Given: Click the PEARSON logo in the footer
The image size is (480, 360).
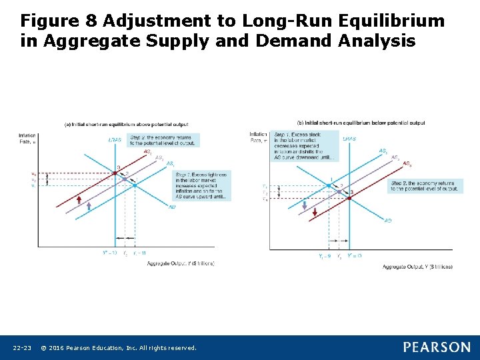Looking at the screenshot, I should pos(437,347).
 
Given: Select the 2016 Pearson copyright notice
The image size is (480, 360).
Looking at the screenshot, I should pos(118,347).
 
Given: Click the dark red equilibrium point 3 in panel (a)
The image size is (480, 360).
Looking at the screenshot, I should pos(115,173).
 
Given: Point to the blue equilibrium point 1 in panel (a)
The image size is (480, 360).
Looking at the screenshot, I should pos(134,185).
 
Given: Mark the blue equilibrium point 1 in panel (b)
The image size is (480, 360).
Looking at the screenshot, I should pos(329,185).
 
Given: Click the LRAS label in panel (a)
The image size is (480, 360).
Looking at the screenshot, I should pos(115,139).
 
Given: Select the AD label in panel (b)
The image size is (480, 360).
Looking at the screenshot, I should pos(388,221).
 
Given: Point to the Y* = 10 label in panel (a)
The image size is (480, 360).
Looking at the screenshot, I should pos(109,253).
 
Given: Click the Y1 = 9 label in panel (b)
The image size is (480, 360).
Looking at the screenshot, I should pos(325,256).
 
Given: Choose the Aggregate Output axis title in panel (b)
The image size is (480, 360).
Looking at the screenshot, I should pos(417,267).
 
